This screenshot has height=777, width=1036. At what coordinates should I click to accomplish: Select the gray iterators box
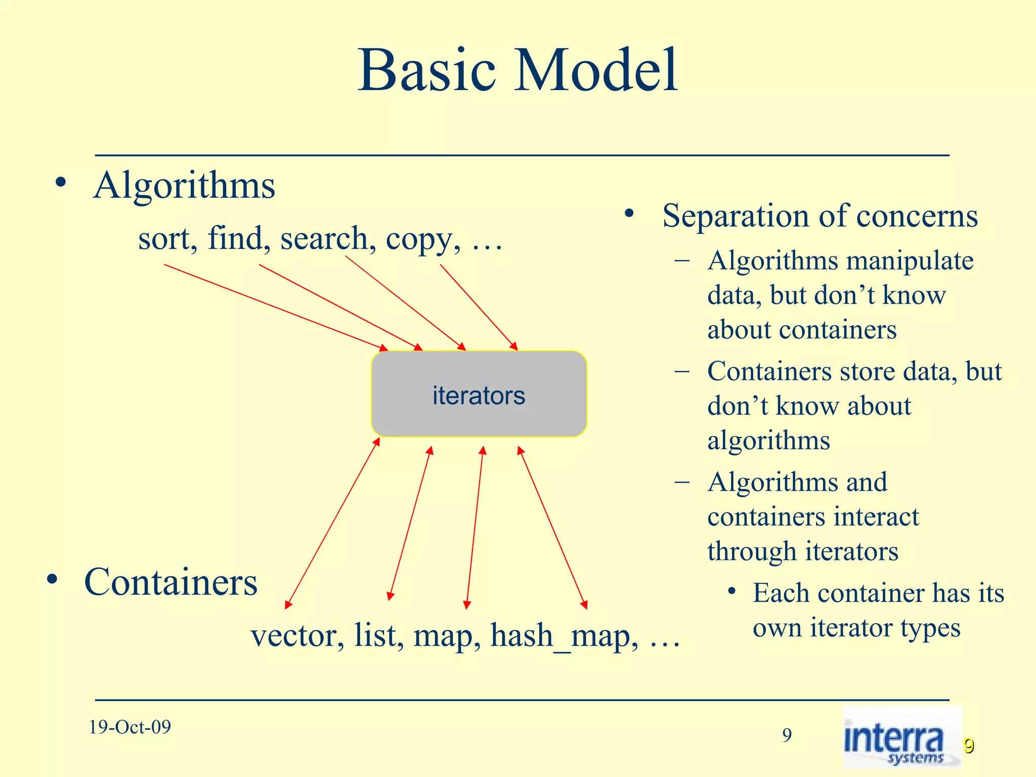(479, 395)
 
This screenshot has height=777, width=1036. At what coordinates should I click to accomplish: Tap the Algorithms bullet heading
(184, 186)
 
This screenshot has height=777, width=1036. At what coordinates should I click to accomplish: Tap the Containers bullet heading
(170, 583)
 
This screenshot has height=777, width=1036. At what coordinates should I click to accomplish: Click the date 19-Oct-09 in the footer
(130, 727)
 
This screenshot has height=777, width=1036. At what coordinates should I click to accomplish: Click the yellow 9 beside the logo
(968, 746)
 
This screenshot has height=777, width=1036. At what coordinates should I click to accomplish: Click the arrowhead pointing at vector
(288, 605)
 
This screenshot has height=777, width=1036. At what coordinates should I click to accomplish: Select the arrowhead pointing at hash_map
(584, 605)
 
